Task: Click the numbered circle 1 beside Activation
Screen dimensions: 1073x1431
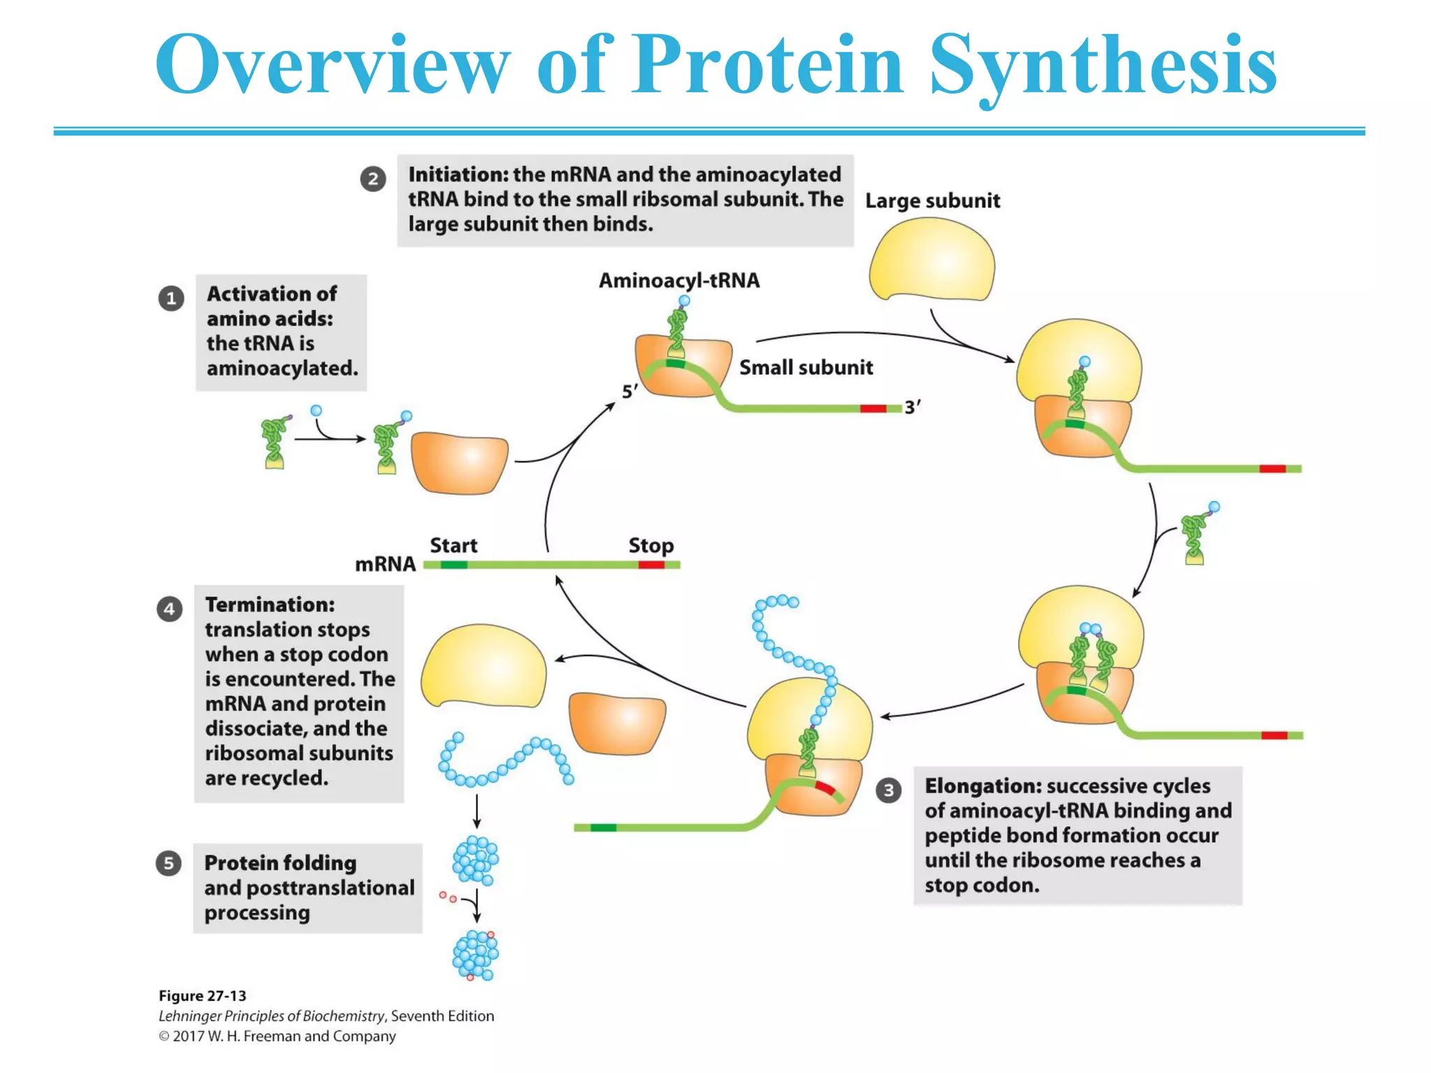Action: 171,299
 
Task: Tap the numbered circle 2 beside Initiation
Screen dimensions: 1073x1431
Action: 373,180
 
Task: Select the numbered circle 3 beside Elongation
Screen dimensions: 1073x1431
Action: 888,790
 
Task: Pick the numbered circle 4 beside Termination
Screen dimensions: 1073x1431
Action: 170,609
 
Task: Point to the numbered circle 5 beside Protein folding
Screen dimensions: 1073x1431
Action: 168,863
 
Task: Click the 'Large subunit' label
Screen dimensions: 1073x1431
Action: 932,201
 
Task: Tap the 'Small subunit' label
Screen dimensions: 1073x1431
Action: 806,367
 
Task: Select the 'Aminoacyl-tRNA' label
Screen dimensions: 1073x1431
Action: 678,281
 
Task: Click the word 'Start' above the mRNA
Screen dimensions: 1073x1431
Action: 453,546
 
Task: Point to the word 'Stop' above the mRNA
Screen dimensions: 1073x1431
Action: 651,546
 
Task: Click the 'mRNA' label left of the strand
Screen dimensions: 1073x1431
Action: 385,564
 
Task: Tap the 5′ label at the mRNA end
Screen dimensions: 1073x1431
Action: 630,392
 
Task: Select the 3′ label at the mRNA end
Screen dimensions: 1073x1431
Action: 913,407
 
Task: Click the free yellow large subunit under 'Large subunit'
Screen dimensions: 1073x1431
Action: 932,261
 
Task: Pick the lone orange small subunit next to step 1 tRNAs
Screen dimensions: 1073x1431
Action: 459,463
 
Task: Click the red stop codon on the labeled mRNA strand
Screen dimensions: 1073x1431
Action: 651,565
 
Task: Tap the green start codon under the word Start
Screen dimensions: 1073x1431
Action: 453,565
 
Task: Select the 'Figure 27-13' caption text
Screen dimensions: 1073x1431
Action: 203,996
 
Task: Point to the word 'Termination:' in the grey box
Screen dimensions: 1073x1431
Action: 270,605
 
